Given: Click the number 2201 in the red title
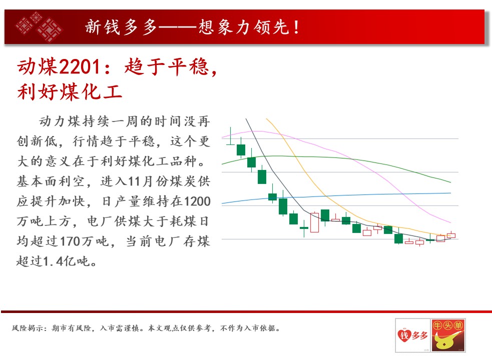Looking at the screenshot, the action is coord(80,67).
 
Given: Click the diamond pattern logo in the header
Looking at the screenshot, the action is coord(39,26).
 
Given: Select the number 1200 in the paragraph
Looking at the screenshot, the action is coord(197,201).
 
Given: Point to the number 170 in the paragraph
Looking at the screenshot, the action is coord(70,241).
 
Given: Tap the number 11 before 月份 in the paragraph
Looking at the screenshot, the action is coord(134,181).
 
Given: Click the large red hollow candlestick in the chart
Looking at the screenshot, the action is coord(314,222).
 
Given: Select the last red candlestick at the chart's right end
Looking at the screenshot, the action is coord(451,235).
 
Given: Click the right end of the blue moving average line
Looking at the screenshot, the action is coord(450,193).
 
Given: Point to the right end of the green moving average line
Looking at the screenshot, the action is coord(450,182).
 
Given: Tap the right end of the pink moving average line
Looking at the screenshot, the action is coord(450,222).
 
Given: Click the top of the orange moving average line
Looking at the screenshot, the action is coord(266,118).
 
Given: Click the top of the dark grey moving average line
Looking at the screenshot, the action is coord(246,118).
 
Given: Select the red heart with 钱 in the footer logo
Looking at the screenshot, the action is coord(404,335).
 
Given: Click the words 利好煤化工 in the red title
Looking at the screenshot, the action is coord(70,92).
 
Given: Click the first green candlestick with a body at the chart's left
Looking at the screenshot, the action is coord(241,150).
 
